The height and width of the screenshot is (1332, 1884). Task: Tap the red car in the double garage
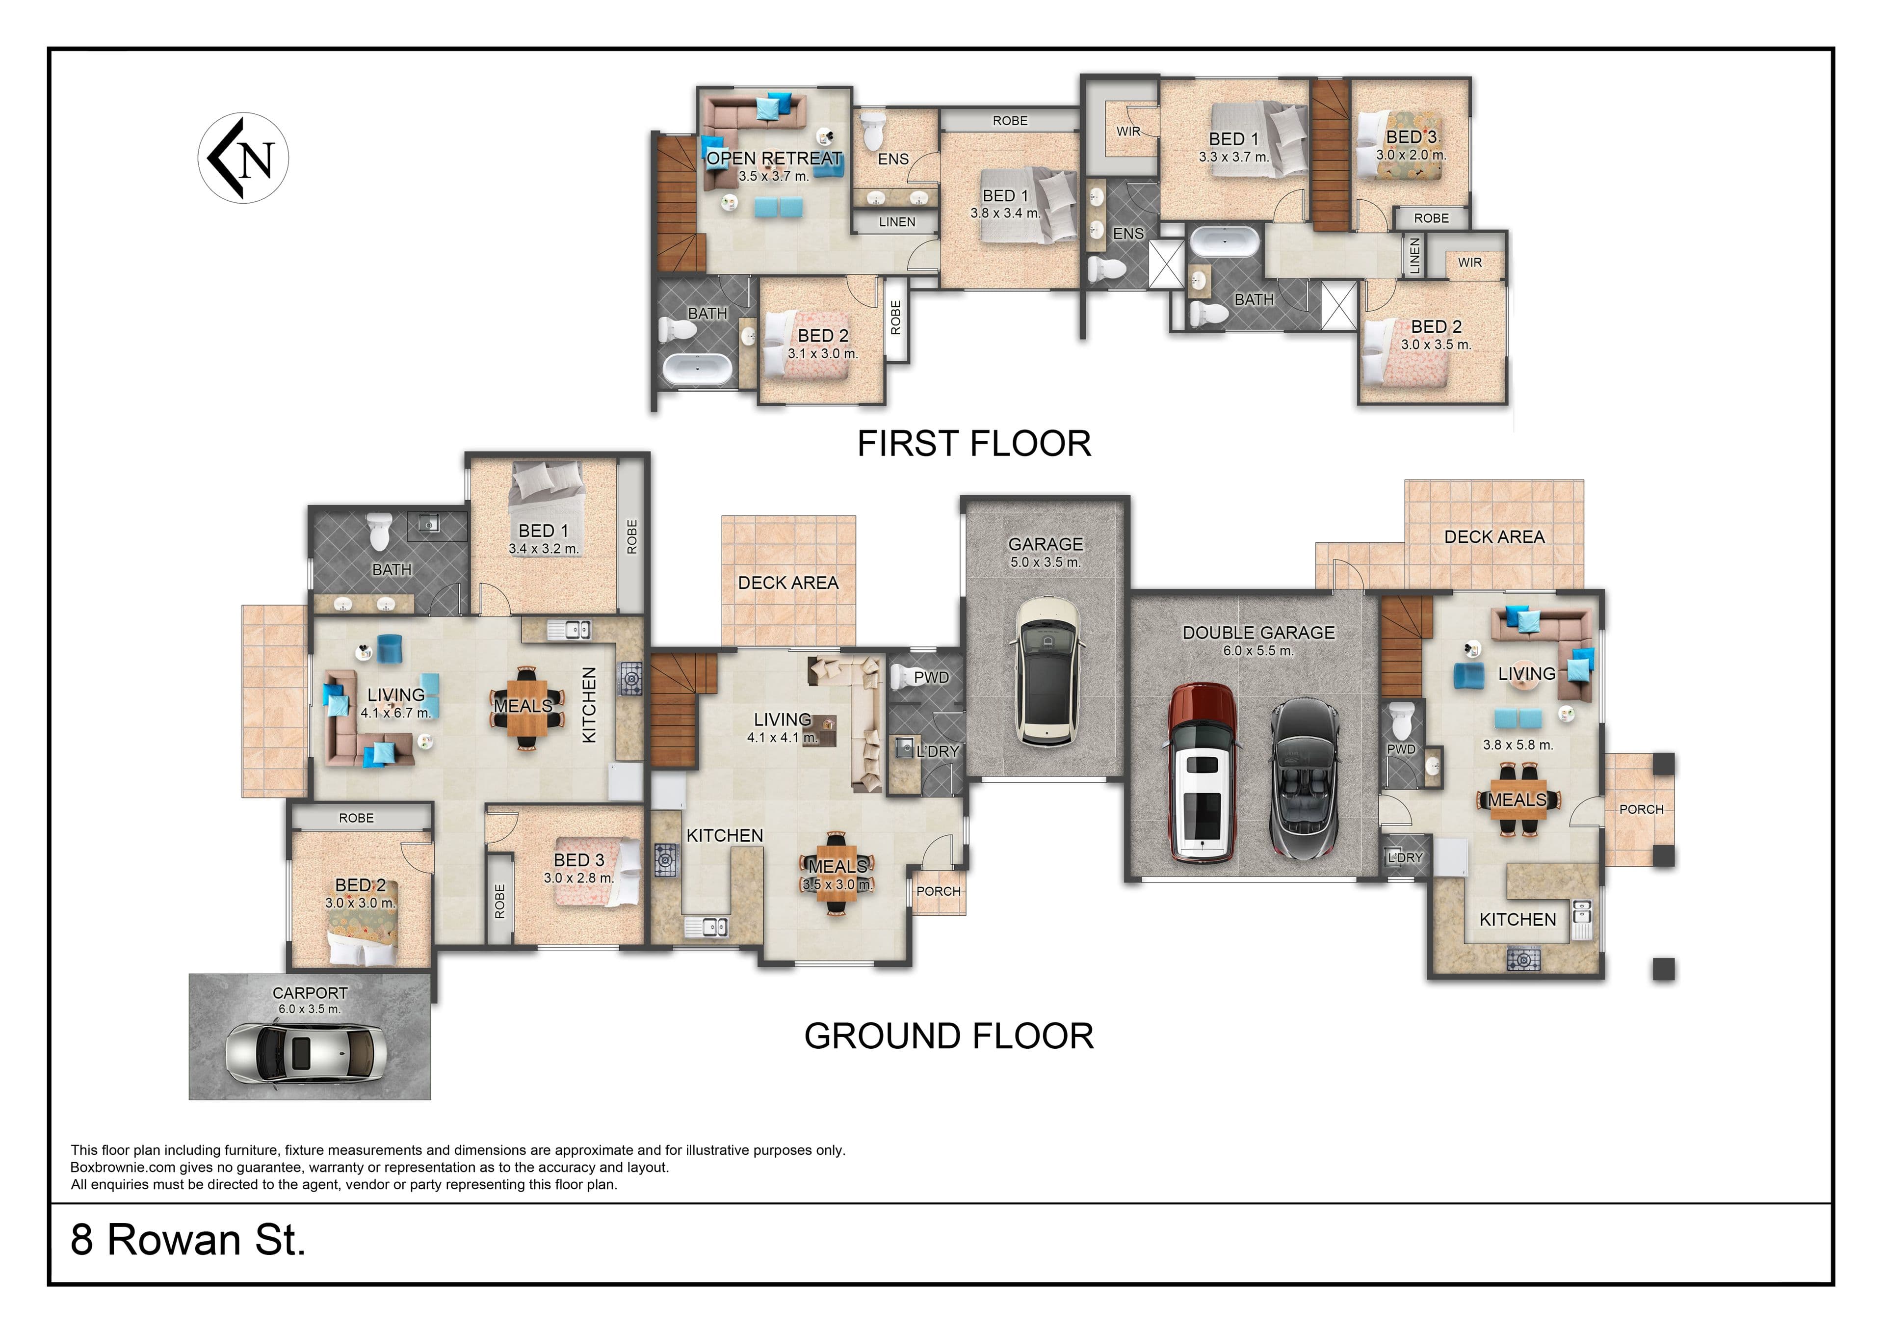(x=1202, y=773)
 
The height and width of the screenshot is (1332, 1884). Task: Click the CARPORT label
(x=310, y=993)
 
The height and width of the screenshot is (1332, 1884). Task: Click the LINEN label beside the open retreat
(x=897, y=221)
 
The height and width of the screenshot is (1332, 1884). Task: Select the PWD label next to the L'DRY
(x=931, y=677)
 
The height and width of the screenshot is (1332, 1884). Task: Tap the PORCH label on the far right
(x=1641, y=809)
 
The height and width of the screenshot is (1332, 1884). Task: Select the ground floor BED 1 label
(x=543, y=531)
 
